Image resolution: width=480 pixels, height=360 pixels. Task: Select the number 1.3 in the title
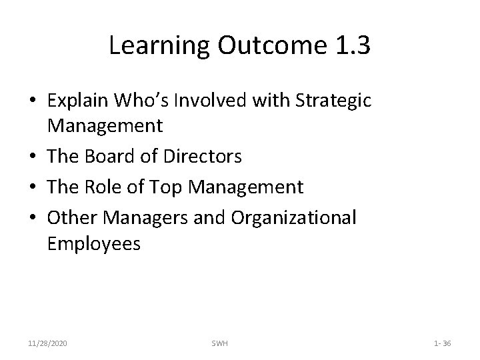point(349,46)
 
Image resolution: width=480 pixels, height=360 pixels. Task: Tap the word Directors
point(201,156)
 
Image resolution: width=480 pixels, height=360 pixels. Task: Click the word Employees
point(94,244)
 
